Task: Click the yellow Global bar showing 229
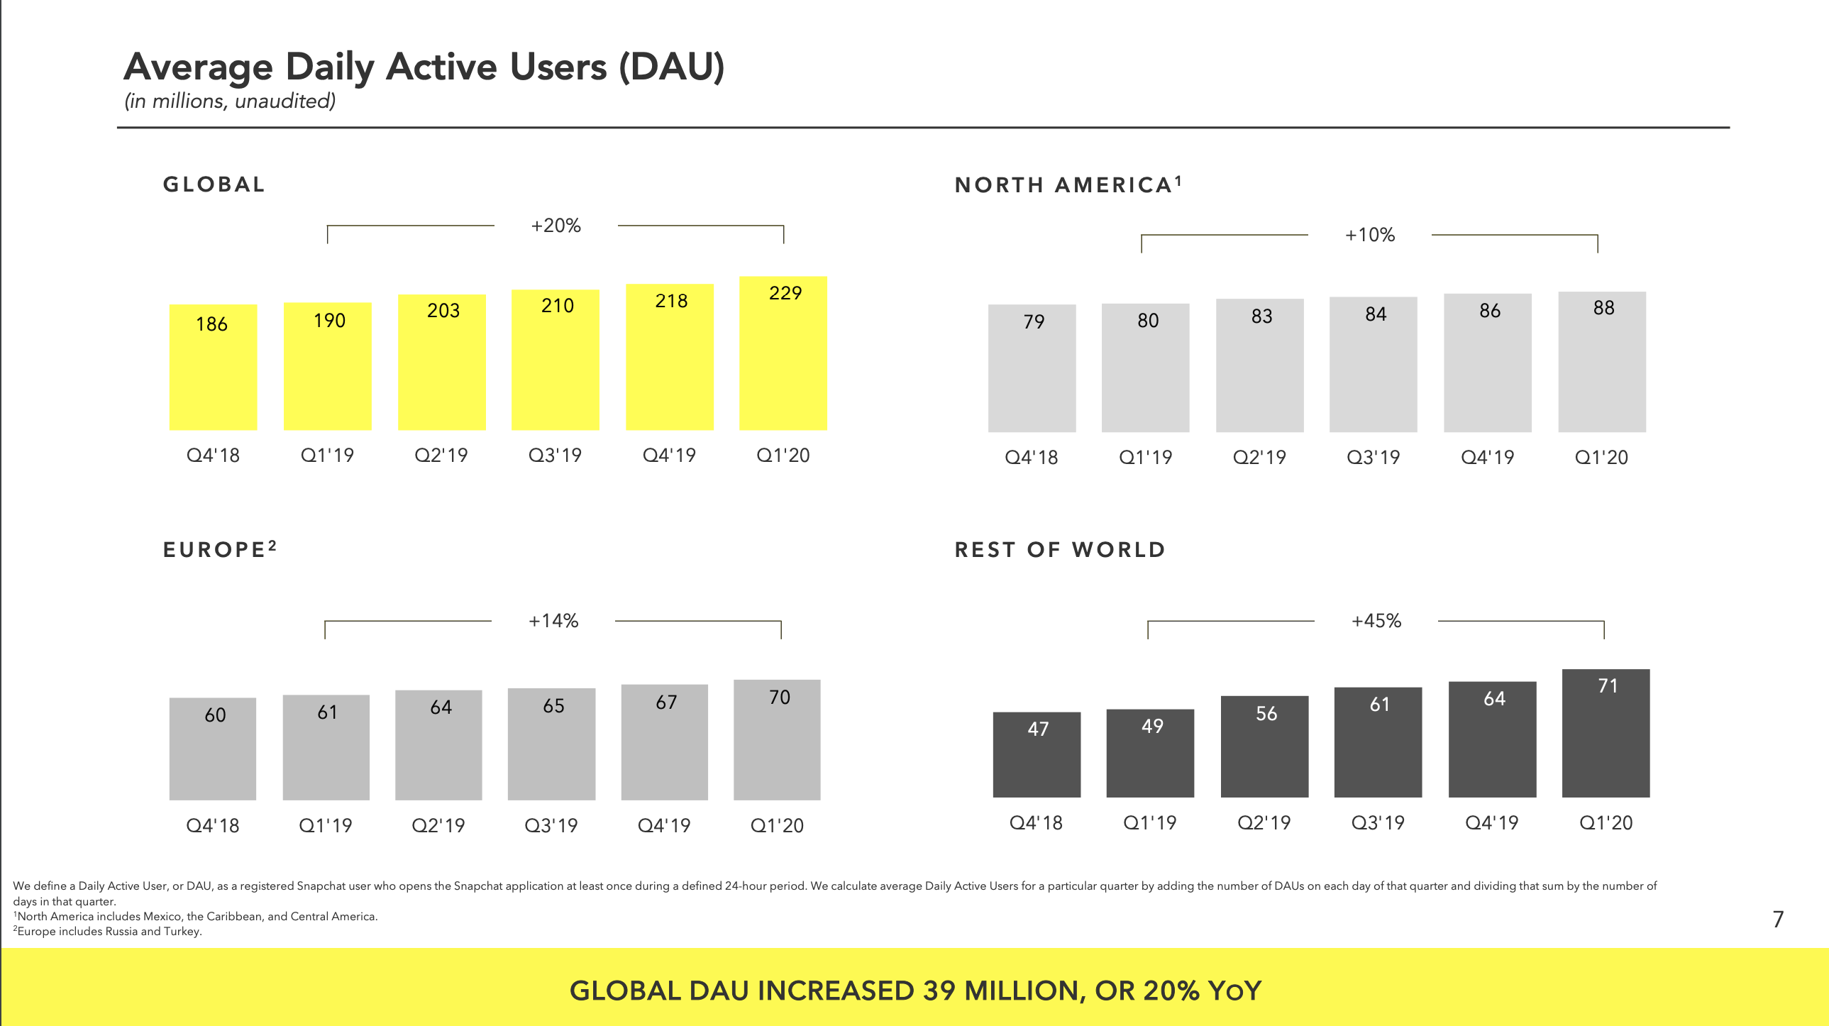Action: pos(783,353)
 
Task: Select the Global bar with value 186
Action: pos(213,367)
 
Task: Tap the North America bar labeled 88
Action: pos(1602,362)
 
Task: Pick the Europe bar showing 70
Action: pos(777,740)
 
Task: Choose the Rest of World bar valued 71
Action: pos(1606,733)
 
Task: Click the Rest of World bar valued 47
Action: pos(1037,755)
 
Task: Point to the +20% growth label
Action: pos(556,226)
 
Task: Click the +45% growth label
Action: pos(1376,622)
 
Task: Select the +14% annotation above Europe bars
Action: pos(553,622)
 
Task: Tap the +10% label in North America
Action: pos(1369,235)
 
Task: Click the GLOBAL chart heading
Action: pos(214,184)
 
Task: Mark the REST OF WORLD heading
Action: pos(1059,550)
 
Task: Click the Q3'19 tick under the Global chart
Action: pos(556,455)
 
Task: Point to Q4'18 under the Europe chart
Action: pos(212,826)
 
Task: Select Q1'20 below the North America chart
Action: pos(1601,457)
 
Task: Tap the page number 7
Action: pos(1778,920)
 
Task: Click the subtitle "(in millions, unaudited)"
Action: pos(230,101)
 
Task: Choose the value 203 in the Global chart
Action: pos(443,310)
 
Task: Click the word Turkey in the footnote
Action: pos(181,932)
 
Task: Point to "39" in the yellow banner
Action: pos(939,991)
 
